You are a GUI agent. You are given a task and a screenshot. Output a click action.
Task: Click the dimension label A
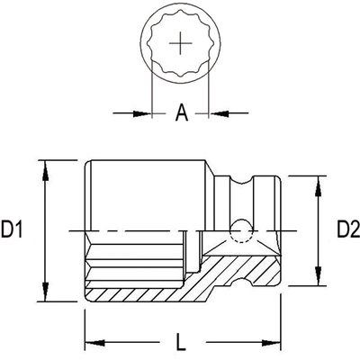click(180, 112)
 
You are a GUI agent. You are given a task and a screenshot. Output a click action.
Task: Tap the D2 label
click(347, 231)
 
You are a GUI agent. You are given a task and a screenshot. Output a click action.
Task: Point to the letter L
click(180, 343)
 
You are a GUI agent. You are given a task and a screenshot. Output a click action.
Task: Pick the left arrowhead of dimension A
click(142, 112)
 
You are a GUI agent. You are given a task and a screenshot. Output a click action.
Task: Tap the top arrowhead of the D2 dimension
click(316, 184)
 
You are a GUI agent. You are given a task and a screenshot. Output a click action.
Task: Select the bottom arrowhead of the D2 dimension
click(316, 279)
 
